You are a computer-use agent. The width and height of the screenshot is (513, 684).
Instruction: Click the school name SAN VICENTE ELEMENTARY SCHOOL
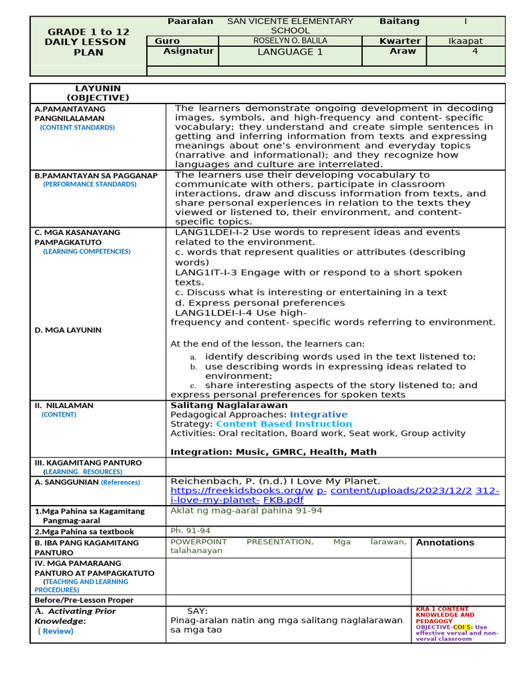(290, 25)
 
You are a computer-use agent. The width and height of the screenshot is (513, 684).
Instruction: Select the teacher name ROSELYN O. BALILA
(290, 41)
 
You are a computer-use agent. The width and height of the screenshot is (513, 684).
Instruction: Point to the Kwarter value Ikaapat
(465, 41)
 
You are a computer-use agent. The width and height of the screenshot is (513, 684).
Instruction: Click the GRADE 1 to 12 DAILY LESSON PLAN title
(89, 41)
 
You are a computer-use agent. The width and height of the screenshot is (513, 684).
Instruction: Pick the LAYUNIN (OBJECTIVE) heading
(98, 93)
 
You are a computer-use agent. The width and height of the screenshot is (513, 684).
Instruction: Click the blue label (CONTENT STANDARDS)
(77, 128)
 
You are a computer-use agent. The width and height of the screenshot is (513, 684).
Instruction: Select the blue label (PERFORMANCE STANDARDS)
(90, 184)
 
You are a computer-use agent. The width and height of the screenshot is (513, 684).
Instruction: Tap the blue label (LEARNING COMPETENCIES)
(87, 252)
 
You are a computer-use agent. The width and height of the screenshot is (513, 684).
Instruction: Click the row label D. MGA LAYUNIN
(68, 330)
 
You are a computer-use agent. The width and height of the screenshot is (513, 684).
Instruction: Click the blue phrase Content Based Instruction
(283, 423)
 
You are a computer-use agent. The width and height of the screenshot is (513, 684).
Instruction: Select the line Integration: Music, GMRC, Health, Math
(273, 452)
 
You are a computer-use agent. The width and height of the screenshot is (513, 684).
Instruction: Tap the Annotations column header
(445, 542)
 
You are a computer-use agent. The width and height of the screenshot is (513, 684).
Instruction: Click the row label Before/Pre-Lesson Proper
(84, 601)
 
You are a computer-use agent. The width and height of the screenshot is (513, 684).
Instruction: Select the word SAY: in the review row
(197, 611)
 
